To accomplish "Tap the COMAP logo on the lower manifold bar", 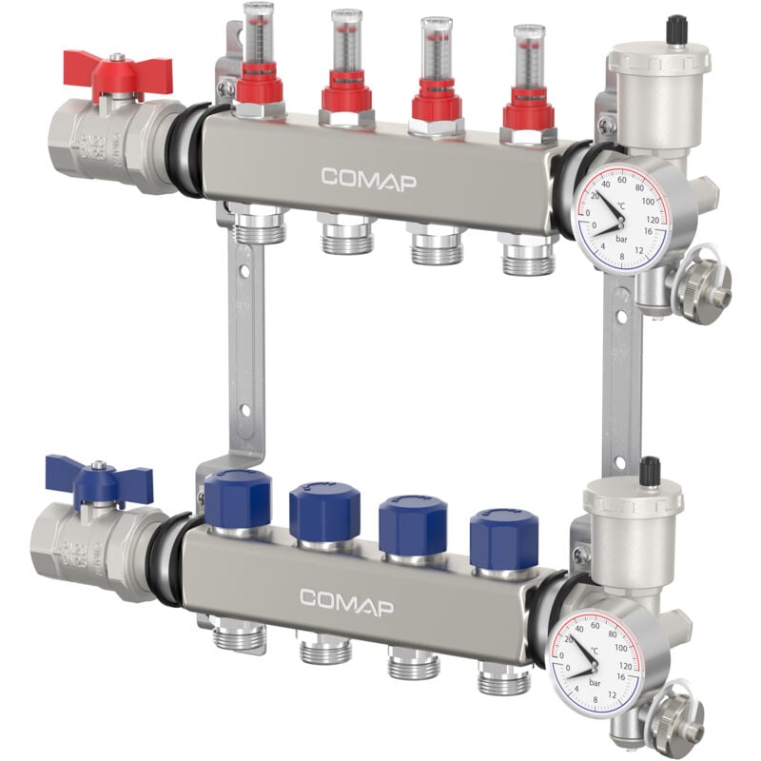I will click(x=346, y=601).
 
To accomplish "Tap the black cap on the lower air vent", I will click(x=651, y=469).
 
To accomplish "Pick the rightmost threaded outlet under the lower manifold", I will click(x=502, y=677).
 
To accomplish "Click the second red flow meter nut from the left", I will click(x=345, y=96).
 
